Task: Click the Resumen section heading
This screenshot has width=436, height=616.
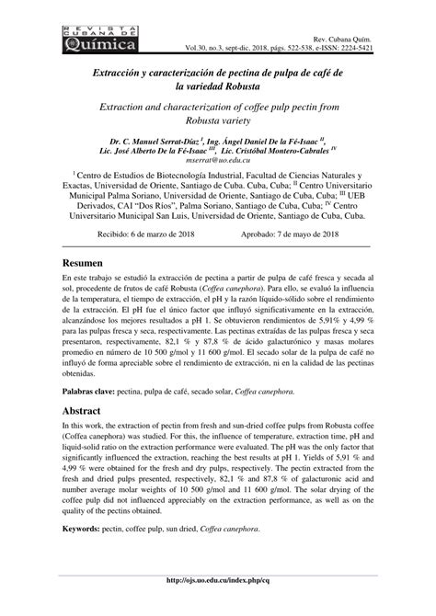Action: pyautogui.click(x=83, y=263)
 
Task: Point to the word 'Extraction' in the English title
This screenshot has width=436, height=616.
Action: pyautogui.click(x=130, y=107)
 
